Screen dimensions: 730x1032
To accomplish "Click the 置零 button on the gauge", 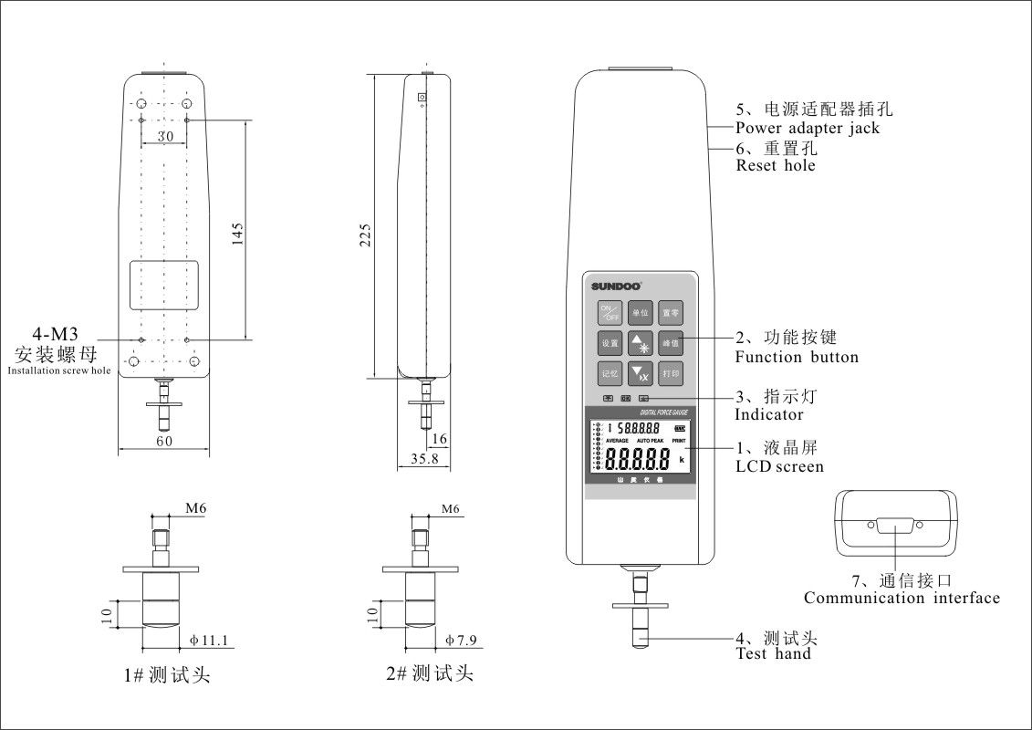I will coord(672,313).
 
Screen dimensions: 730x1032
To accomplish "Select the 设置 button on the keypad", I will coord(610,344).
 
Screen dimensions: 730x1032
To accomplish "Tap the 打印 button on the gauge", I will coord(672,374).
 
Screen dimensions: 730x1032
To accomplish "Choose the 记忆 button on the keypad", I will coord(610,374).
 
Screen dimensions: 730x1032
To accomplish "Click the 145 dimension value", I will coord(237,235).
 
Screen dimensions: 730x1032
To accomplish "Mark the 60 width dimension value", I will coord(163,442).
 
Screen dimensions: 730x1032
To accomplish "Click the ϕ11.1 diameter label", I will coord(208,640).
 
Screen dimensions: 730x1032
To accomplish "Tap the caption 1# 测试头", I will coord(168,676).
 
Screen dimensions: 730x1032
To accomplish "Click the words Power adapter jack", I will coord(808,129).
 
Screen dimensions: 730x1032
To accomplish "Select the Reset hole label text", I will coord(776,166).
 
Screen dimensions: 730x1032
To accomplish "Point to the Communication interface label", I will coord(902,599).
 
